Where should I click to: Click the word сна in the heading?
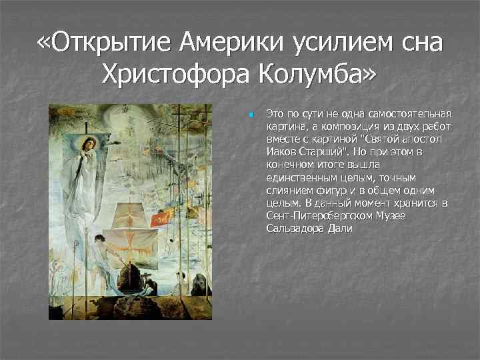pyautogui.click(x=418, y=45)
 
